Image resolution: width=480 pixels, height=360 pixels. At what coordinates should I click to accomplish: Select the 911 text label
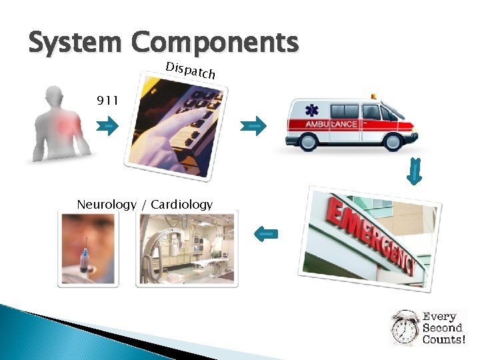[x=107, y=101]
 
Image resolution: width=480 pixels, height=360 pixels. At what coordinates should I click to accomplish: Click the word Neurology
[x=106, y=204]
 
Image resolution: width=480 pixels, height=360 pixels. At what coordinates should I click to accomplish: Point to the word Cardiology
[x=181, y=204]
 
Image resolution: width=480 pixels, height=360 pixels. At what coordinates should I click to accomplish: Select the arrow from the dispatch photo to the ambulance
[x=253, y=125]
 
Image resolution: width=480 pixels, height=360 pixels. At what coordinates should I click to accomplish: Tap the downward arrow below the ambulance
[x=415, y=172]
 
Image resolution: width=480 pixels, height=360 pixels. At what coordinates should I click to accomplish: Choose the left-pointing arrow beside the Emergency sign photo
[x=267, y=233]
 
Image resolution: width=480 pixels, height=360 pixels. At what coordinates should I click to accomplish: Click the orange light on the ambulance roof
[x=373, y=97]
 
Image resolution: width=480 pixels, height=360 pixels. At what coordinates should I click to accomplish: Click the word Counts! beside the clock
[x=443, y=339]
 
